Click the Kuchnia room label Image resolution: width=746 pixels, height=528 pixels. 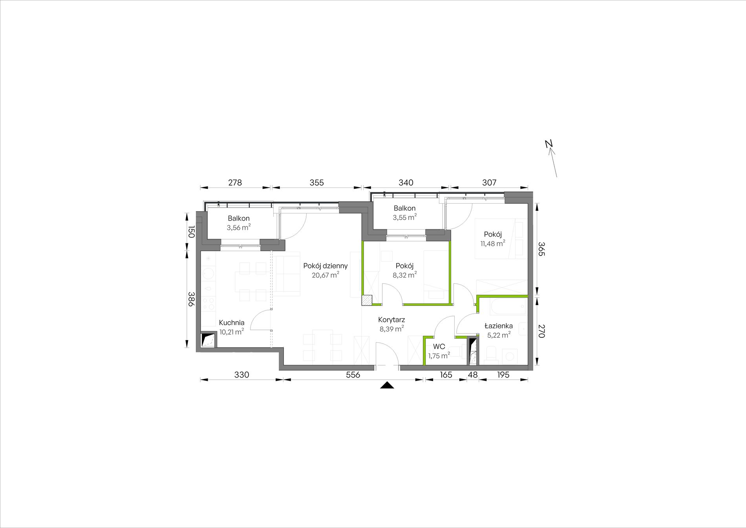pyautogui.click(x=232, y=323)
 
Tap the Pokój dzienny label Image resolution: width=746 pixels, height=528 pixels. pyautogui.click(x=325, y=266)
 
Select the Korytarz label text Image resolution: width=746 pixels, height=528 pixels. pyautogui.click(x=391, y=320)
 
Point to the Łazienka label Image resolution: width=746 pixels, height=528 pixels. pyautogui.click(x=498, y=326)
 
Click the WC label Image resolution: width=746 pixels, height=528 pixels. pyautogui.click(x=439, y=347)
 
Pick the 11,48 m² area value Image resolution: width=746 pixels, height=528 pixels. pyautogui.click(x=493, y=243)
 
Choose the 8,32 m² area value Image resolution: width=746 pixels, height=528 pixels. pyautogui.click(x=405, y=275)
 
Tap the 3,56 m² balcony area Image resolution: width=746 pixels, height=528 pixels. pyautogui.click(x=239, y=227)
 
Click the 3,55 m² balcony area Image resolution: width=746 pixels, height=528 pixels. pyautogui.click(x=405, y=217)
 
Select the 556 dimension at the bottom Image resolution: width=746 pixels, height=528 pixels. pyautogui.click(x=353, y=375)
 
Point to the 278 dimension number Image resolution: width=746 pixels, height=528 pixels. pyautogui.click(x=235, y=182)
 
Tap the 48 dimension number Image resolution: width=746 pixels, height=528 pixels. pyautogui.click(x=473, y=375)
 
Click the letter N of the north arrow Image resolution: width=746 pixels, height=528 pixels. pyautogui.click(x=549, y=144)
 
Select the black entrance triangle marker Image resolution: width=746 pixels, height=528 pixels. pyautogui.click(x=387, y=385)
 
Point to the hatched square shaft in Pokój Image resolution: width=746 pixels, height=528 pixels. pyautogui.click(x=367, y=300)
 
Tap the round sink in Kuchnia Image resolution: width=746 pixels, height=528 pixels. pyautogui.click(x=208, y=273)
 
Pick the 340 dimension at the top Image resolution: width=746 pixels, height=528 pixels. pyautogui.click(x=406, y=182)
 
